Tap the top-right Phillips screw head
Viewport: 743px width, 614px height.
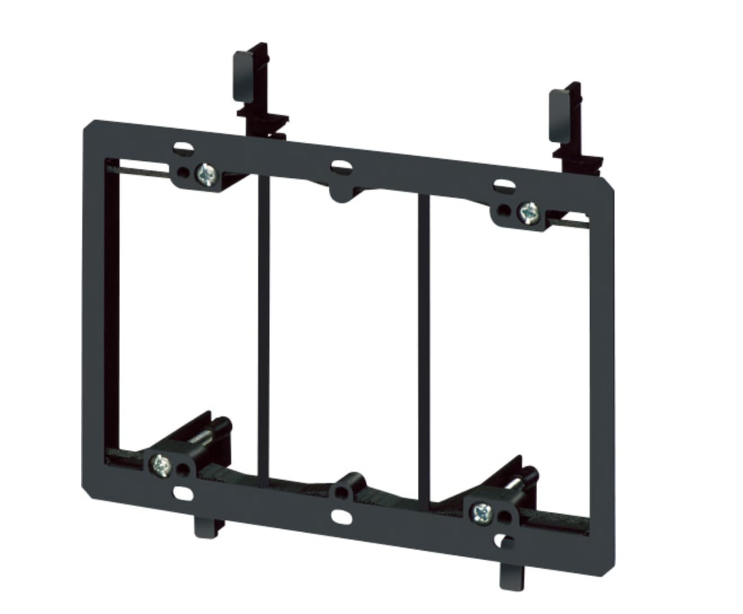coord(528,212)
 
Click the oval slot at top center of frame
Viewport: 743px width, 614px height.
coord(340,166)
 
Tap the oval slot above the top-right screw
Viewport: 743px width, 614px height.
coord(503,185)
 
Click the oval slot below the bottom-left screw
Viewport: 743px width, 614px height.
coord(181,493)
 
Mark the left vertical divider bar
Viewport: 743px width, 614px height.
coord(264,327)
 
